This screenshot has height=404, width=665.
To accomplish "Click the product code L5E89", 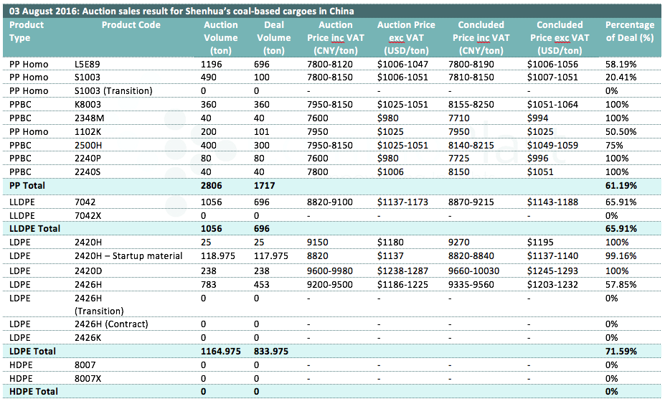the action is click(88, 65).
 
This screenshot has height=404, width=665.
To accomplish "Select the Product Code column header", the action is click(131, 25).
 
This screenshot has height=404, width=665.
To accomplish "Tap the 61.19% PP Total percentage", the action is click(621, 185).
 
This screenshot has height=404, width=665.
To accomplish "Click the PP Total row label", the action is click(27, 185).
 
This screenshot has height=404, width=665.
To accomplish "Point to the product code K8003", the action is click(88, 104).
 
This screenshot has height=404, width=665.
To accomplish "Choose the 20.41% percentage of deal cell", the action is click(621, 77).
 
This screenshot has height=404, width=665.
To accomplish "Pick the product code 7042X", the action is click(88, 215).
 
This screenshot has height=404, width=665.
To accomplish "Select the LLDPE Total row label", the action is click(34, 229).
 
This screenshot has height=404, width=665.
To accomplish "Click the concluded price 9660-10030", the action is click(473, 271).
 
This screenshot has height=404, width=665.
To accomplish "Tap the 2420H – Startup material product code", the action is click(128, 256).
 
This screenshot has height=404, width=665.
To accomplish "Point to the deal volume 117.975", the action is click(271, 256).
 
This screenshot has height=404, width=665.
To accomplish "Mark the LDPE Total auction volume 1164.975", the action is click(220, 352).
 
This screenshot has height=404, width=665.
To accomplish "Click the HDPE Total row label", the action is click(34, 391).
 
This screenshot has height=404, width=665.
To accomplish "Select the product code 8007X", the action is click(88, 379).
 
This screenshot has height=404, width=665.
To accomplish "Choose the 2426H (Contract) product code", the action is click(111, 324).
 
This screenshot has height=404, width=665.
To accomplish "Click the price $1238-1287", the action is click(403, 271).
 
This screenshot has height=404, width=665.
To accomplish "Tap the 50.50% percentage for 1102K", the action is click(621, 131).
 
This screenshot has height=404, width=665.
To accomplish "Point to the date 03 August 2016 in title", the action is click(44, 11).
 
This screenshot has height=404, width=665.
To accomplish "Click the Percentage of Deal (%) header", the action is click(630, 32).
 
